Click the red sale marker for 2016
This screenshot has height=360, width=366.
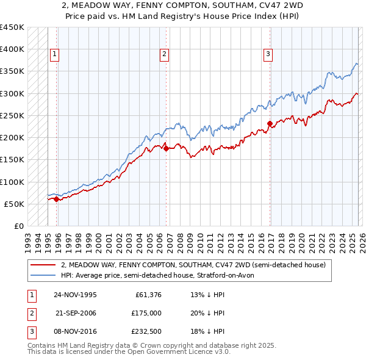[269, 123]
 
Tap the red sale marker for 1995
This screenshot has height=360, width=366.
[56, 198]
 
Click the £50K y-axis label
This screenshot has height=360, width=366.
[15, 204]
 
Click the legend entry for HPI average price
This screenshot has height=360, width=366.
[160, 275]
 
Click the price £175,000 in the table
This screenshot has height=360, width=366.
[146, 313]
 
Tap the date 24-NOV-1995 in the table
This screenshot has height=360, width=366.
[75, 295]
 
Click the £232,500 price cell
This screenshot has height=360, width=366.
[146, 331]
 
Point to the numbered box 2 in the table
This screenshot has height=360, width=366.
[31, 313]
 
